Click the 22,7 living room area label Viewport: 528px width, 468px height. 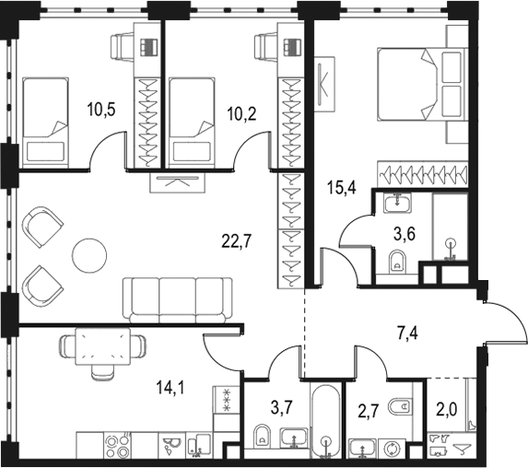[237, 241]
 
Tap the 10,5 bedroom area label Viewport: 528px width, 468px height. [101, 110]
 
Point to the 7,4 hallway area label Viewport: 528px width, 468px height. [407, 334]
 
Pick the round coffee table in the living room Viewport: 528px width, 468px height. [89, 255]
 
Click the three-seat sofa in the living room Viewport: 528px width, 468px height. [178, 299]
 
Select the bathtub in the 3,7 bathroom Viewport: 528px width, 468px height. [325, 421]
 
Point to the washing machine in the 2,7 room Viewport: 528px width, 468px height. [392, 448]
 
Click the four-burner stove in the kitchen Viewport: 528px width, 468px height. [117, 446]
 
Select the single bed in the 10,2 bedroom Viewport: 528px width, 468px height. [193, 123]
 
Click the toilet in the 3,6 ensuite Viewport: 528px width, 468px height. [398, 262]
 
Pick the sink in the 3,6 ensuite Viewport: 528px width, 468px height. [397, 203]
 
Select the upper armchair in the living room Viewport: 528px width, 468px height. [41, 227]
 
